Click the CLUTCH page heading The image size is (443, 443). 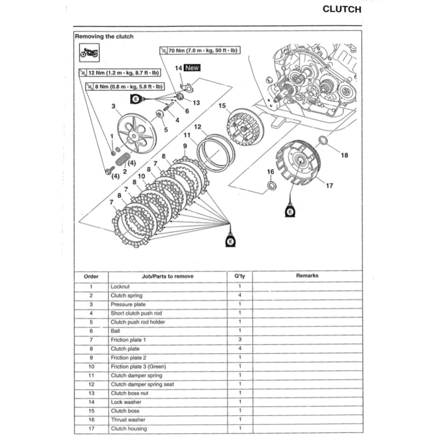click(342, 10)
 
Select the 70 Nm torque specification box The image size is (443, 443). click(200, 50)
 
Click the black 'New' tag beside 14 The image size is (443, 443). click(192, 67)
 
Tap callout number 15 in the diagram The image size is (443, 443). click(222, 106)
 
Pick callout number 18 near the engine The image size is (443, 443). click(344, 155)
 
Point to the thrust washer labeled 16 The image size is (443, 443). click(272, 186)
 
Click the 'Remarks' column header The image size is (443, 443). click(307, 276)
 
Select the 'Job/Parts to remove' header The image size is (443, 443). click(167, 276)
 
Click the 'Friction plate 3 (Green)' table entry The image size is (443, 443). click(138, 366)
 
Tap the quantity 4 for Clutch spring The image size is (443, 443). click(240, 295)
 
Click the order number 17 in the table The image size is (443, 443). click(91, 429)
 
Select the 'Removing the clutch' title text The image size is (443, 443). click(104, 37)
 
